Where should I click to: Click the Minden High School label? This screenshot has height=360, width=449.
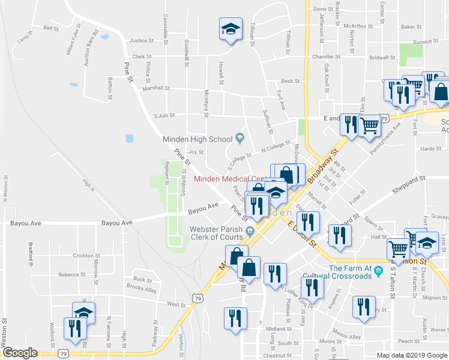pyautogui.click(x=199, y=139)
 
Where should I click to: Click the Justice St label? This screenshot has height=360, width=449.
pyautogui.click(x=142, y=41)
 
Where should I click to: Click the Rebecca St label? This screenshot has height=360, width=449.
pyautogui.click(x=71, y=274)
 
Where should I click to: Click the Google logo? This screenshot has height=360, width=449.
pyautogui.click(x=20, y=353)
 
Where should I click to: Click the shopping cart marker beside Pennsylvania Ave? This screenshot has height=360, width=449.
pyautogui.click(x=369, y=125)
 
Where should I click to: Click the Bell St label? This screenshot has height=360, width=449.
pyautogui.click(x=50, y=28)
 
